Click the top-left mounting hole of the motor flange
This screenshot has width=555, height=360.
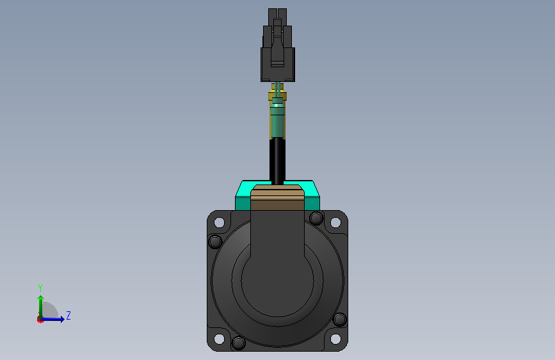point(219,222)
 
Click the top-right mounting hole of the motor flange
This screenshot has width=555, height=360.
point(335,222)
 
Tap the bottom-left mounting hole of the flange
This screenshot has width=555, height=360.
point(219,339)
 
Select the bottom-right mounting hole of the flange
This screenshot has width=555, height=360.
point(335,339)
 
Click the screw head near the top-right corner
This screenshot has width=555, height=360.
point(316,218)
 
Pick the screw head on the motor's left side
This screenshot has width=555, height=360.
point(215,241)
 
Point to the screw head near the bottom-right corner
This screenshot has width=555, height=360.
point(340,319)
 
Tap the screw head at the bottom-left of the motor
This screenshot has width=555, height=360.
point(239,343)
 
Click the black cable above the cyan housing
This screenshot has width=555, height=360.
point(278,161)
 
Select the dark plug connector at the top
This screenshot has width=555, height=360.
point(278,45)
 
